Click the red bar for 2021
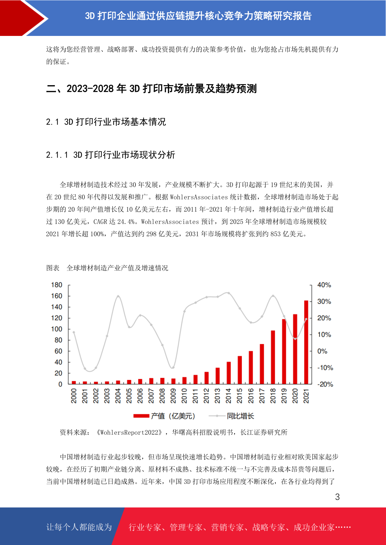[x=306, y=342]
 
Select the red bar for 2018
[x=273, y=357]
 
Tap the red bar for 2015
[x=240, y=370]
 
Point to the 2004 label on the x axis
[x=118, y=396]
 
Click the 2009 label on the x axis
[x=173, y=396]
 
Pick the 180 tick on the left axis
[x=56, y=285]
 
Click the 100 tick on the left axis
[x=56, y=329]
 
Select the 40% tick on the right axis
[x=324, y=285]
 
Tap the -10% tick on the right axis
[x=325, y=368]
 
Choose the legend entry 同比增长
[x=231, y=416]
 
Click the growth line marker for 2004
[x=118, y=296]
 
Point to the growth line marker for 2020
[x=295, y=339]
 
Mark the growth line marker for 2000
[x=74, y=332]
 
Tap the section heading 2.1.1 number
[x=57, y=155]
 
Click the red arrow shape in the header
[x=23, y=18]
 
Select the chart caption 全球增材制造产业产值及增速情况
[x=117, y=268]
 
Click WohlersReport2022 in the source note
[x=129, y=432]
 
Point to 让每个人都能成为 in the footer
[x=79, y=527]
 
